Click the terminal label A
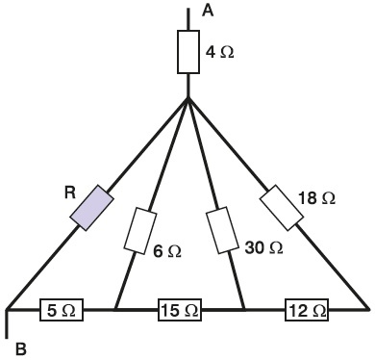point(208,11)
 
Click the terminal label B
point(21,349)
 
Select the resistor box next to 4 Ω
point(188,52)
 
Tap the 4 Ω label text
point(220,52)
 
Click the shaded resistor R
point(91,208)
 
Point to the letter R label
point(70,193)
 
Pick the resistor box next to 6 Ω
point(140,230)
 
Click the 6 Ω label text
point(167,251)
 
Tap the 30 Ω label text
point(263,247)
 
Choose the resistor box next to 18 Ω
point(282,208)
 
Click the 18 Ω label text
point(316,198)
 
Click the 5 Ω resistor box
point(62,310)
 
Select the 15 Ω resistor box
point(180,310)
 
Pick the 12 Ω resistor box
point(307,310)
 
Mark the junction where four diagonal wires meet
point(188,98)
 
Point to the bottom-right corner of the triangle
point(368,309)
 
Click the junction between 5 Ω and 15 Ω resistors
point(115,310)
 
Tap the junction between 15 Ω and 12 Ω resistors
point(244,310)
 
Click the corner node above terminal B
point(7,310)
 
